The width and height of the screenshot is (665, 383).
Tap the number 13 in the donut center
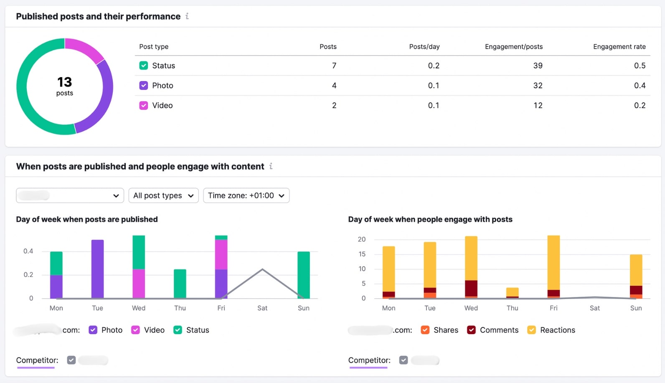point(65,82)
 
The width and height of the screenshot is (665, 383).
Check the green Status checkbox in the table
point(144,66)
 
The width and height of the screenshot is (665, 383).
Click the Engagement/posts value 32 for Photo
point(538,86)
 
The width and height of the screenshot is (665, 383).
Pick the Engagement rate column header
point(619,47)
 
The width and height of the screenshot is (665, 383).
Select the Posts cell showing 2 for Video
point(334,105)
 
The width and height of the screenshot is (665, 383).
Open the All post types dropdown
point(163,195)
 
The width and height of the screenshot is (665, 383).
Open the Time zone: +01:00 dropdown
point(246,195)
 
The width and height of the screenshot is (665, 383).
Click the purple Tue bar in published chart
point(98,269)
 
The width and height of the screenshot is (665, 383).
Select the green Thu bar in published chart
point(180,284)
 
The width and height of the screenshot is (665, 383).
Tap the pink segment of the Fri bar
point(221,255)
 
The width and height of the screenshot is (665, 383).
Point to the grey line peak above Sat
point(262,269)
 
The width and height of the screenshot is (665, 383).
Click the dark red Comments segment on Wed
point(471,288)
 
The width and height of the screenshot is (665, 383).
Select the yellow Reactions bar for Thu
point(512,292)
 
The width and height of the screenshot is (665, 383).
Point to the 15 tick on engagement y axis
point(362,254)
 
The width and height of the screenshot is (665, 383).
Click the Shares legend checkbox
point(425,330)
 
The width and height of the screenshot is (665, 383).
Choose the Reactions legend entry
point(557,330)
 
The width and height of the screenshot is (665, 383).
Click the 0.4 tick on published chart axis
point(28,251)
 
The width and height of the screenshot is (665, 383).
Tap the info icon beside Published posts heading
point(187,16)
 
